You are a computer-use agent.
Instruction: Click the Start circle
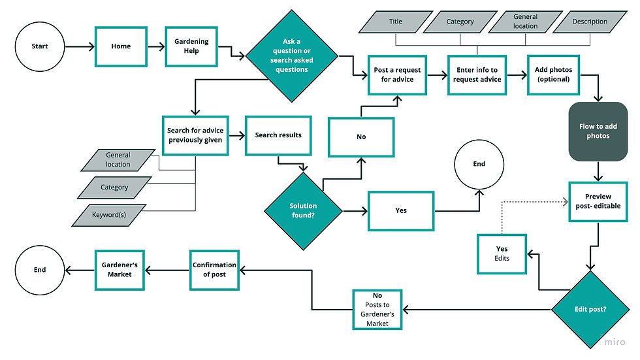click(40, 46)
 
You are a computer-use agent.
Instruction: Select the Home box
click(121, 46)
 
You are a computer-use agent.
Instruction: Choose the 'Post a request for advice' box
click(397, 75)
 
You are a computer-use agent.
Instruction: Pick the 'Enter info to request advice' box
click(477, 75)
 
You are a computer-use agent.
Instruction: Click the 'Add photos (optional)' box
click(553, 75)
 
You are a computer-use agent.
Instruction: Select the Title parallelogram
click(396, 22)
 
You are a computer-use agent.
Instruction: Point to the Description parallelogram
click(590, 22)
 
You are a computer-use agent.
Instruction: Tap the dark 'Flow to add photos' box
click(598, 131)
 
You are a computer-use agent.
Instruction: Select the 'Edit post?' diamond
click(590, 308)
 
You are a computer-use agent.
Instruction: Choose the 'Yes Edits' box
click(502, 254)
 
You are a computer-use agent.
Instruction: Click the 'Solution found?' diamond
click(303, 210)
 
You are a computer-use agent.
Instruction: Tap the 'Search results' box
click(278, 135)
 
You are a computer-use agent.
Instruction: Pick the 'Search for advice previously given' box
click(195, 135)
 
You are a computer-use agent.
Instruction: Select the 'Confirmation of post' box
click(214, 270)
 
